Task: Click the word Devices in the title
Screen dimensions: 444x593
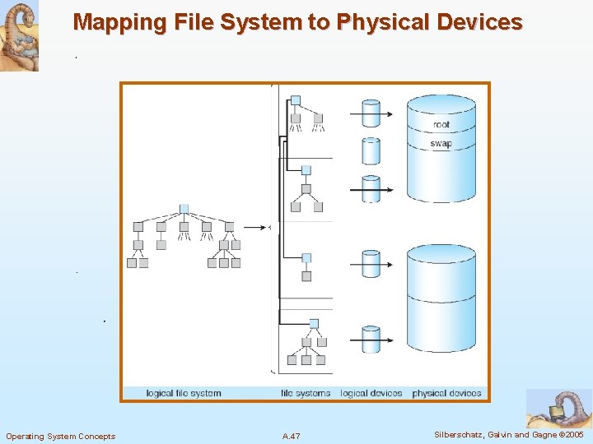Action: pyautogui.click(x=481, y=21)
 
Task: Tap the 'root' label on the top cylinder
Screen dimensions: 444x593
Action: pyautogui.click(x=441, y=125)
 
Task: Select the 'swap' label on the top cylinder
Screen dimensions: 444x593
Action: pyautogui.click(x=441, y=143)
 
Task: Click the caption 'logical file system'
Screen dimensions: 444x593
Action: pyautogui.click(x=184, y=393)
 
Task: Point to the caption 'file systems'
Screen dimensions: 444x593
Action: pyautogui.click(x=306, y=393)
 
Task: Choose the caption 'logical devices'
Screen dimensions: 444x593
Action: pyautogui.click(x=371, y=393)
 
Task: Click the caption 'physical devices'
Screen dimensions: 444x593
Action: pyautogui.click(x=446, y=393)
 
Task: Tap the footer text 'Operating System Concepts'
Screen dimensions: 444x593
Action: pyautogui.click(x=61, y=436)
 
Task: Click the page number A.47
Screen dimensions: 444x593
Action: pyautogui.click(x=291, y=436)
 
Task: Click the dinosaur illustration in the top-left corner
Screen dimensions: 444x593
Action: pyautogui.click(x=19, y=36)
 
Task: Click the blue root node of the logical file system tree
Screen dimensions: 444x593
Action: pyautogui.click(x=184, y=209)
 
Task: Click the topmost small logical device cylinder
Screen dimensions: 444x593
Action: pyautogui.click(x=371, y=113)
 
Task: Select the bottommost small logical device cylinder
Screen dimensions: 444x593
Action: pyautogui.click(x=371, y=339)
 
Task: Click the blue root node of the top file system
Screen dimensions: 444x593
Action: pyautogui.click(x=296, y=100)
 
